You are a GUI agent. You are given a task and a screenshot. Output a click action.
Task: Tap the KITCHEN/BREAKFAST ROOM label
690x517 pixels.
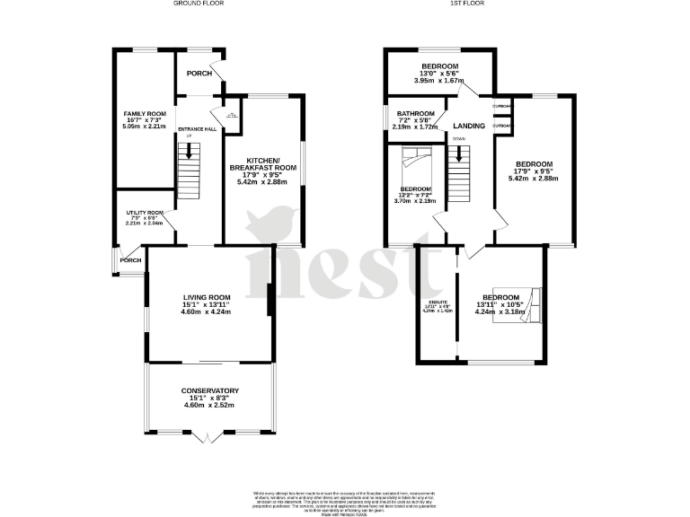click(262, 163)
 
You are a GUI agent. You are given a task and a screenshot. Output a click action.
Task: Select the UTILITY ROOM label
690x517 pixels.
click(144, 213)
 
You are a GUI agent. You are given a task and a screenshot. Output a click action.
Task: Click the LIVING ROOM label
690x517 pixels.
click(208, 297)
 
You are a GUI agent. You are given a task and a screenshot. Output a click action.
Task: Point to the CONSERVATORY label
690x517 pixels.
click(209, 390)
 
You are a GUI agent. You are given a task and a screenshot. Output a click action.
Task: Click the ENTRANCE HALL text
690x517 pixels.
click(197, 129)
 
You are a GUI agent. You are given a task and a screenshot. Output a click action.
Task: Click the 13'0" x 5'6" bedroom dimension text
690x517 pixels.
click(439, 74)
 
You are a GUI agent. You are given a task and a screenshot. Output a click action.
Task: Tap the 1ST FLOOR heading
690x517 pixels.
click(464, 4)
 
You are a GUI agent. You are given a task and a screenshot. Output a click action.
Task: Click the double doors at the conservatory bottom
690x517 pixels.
click(208, 437)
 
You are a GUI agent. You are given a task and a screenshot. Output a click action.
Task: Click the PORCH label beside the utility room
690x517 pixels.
click(131, 260)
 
